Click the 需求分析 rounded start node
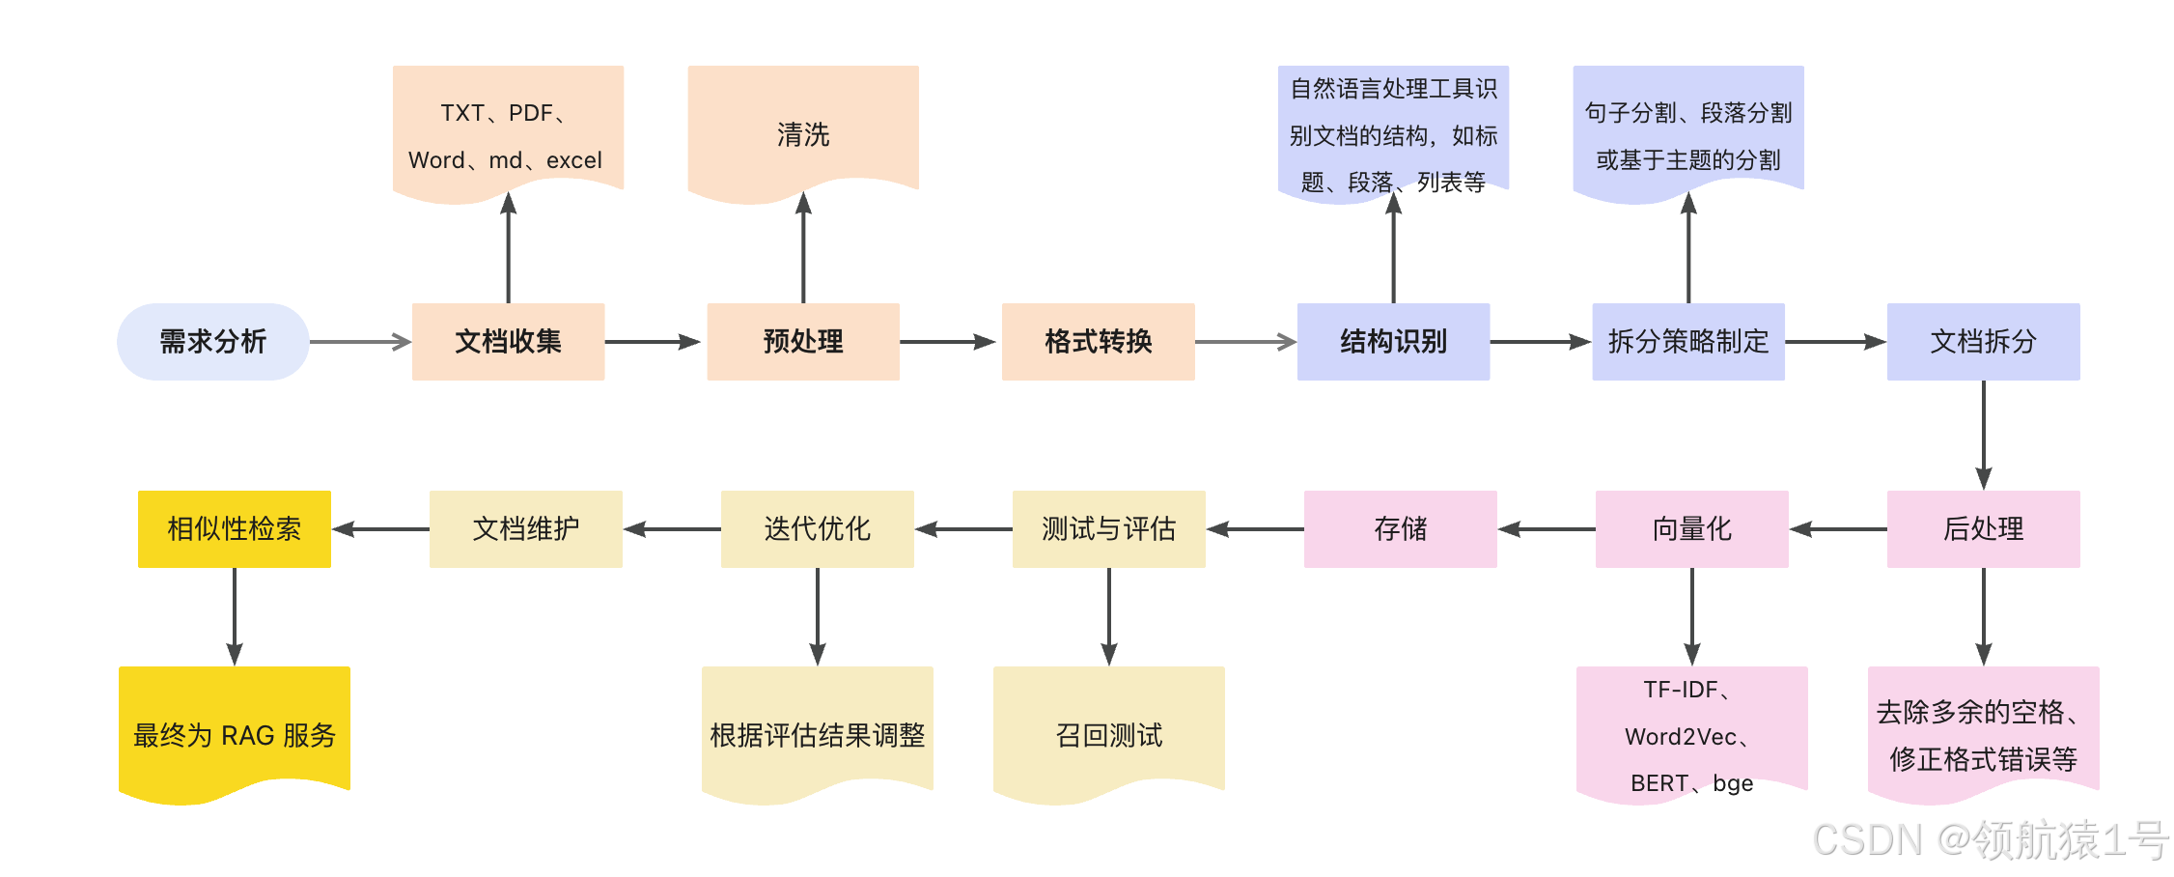coord(212,341)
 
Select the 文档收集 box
coord(508,341)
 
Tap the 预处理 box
coord(802,341)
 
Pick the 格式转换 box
coord(1098,341)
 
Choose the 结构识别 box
coord(1393,341)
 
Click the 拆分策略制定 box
coord(1687,341)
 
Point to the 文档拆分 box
coord(1983,341)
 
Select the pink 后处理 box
coord(1983,528)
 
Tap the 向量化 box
coord(1691,528)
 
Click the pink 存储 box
coord(1400,528)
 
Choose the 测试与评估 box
coord(1108,528)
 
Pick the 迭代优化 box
coord(817,528)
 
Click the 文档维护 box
coord(525,528)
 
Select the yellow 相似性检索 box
coord(234,528)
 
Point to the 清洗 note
coord(802,133)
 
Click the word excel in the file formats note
coord(573,160)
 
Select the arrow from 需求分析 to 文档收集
coord(359,341)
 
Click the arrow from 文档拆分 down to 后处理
coord(1983,435)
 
